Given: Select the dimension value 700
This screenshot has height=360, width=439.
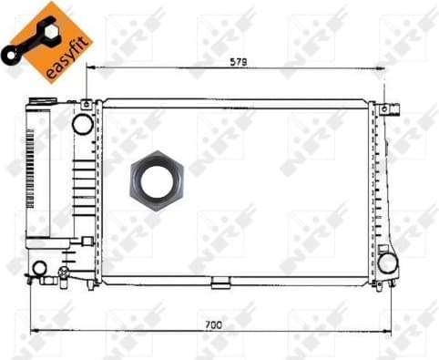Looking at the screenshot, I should click(x=211, y=324).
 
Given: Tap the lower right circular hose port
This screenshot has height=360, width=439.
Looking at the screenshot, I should click(x=389, y=262).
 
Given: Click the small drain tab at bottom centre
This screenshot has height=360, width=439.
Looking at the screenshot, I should click(x=220, y=284).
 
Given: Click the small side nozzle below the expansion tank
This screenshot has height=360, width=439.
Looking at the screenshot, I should click(x=87, y=240).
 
